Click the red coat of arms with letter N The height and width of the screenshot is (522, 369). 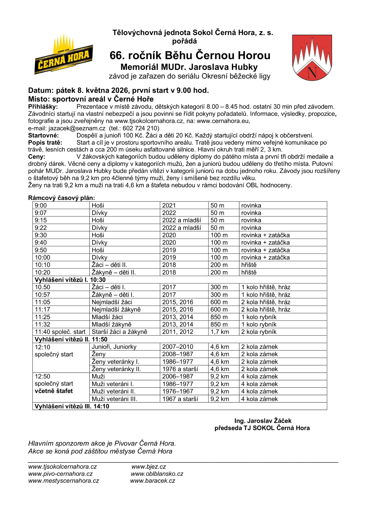tap(312, 57)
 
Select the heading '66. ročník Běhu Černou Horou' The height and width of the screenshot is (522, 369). tap(190, 55)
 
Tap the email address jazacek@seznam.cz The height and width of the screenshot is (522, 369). tap(77, 128)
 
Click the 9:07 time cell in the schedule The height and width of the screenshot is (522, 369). tap(41, 213)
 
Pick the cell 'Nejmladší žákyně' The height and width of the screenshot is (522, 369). tap(116, 309)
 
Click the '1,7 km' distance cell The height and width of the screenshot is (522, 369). tap(220, 332)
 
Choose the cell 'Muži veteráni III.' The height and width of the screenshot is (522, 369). tap(114, 399)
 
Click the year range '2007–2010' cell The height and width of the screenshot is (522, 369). tap(178, 347)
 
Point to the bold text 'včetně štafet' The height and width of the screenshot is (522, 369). tap(54, 391)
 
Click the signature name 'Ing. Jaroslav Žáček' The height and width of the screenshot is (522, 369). tap(263, 421)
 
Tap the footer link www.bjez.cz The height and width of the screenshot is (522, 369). tap(149, 467)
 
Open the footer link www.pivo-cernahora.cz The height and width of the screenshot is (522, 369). tap(60, 474)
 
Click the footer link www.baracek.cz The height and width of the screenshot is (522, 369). tap(153, 481)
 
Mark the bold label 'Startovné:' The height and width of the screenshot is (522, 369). tap(44, 135)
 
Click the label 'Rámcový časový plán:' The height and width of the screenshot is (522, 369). tap(61, 198)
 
